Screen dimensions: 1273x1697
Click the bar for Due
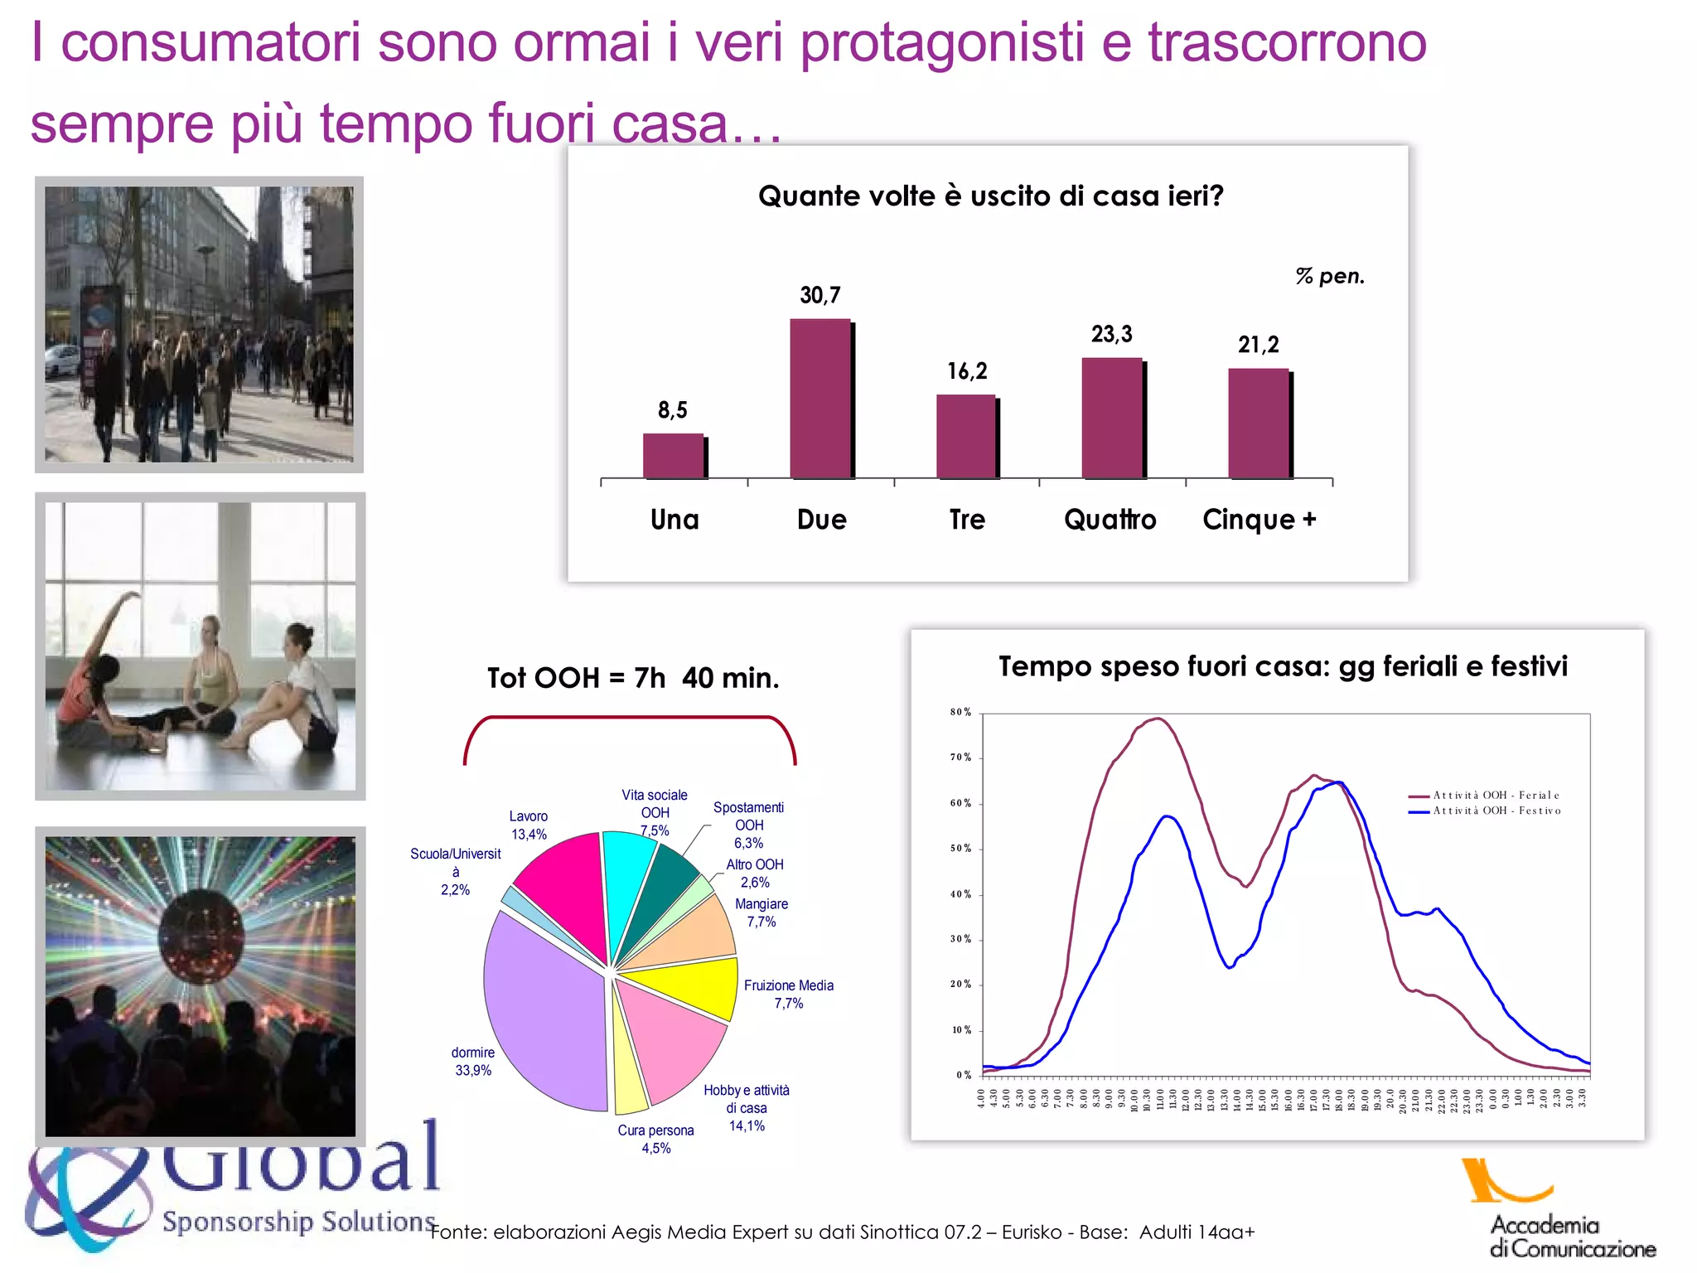pos(820,399)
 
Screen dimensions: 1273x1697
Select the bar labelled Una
pos(673,456)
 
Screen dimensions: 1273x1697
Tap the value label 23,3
pos(1111,334)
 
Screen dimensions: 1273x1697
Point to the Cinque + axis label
pos(1259,520)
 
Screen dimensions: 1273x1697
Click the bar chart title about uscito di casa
pos(990,196)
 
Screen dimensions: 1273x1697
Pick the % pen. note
pos(1329,276)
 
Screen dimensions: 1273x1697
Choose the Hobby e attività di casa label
pos(747,1107)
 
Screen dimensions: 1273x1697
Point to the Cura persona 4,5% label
pos(655,1139)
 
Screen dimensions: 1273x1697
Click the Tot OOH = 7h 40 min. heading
pos(633,678)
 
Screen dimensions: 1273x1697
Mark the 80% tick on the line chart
pos(960,713)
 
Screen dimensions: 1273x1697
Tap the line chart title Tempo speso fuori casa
pos(1282,666)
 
